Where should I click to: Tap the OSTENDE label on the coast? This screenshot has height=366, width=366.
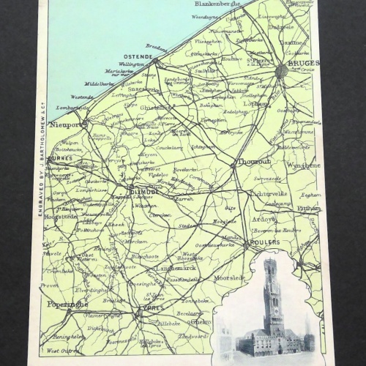pos(138,56)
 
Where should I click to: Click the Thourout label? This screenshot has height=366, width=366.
pos(253,162)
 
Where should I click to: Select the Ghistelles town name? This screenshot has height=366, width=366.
pos(157,106)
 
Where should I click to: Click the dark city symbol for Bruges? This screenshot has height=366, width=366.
pos(282,70)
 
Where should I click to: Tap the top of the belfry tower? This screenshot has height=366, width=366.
pos(270,262)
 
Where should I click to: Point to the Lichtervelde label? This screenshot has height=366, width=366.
pos(270,194)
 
